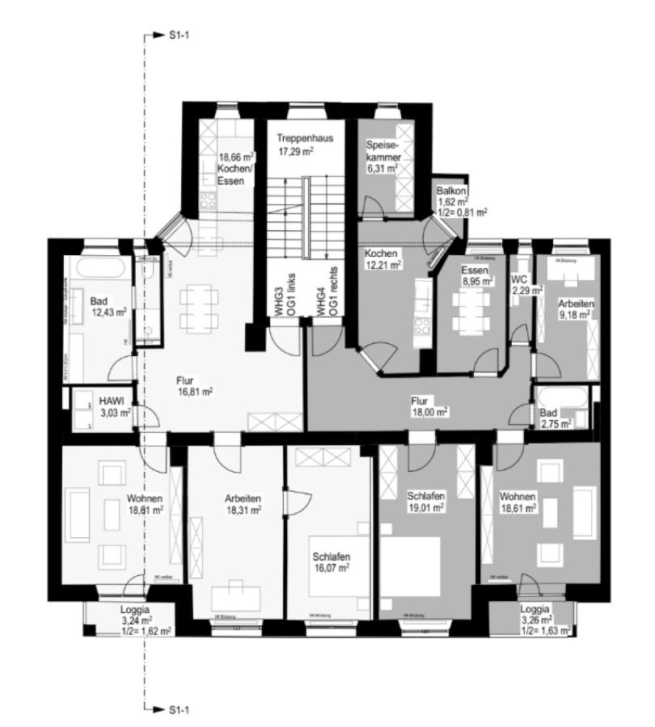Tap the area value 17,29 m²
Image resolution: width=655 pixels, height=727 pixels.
[x=295, y=150]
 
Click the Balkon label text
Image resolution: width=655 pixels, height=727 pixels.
[x=451, y=189]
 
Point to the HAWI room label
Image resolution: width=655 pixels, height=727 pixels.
[x=110, y=401]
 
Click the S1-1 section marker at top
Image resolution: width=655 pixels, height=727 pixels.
[x=177, y=36]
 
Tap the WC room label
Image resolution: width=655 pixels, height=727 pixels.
[x=518, y=279]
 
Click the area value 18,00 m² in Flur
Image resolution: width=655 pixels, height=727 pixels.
[x=429, y=411]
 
